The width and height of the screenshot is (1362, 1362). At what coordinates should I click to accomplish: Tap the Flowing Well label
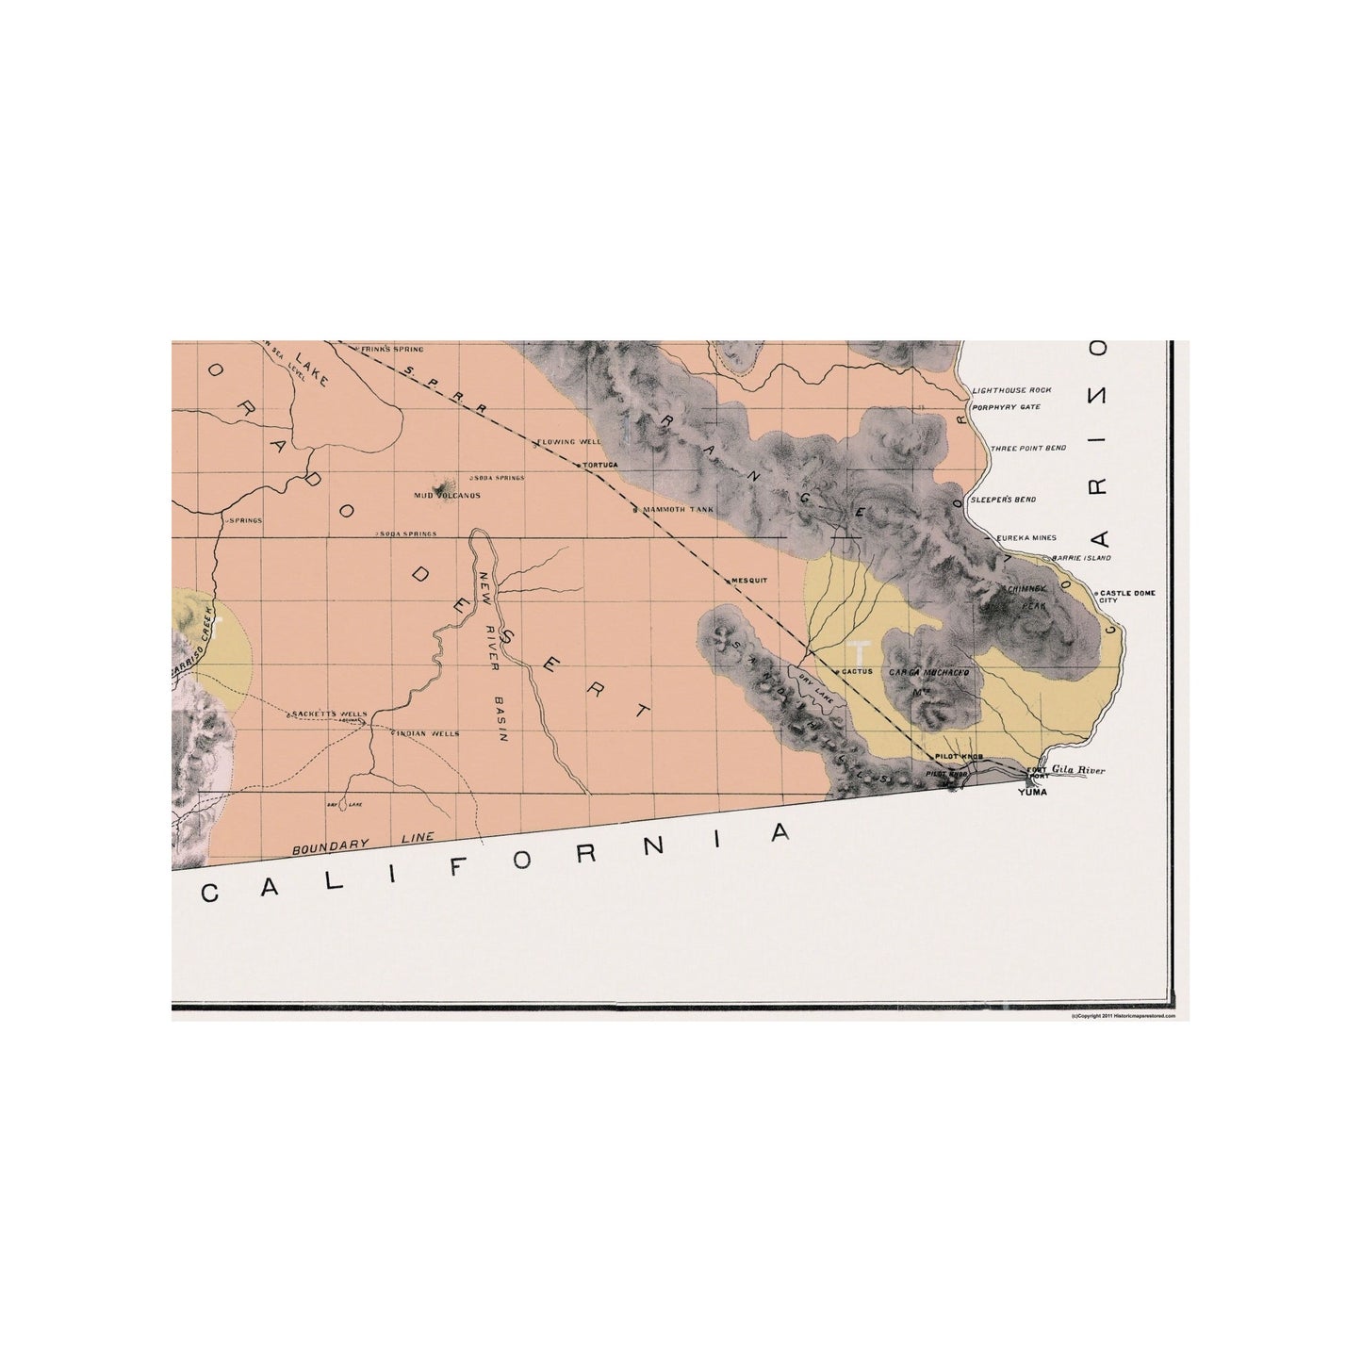click(569, 441)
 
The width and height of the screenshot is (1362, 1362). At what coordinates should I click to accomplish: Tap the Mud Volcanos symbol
click(438, 488)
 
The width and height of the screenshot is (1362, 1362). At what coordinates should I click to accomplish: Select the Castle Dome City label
click(1126, 597)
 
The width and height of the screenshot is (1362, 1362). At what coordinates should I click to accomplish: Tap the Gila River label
click(1076, 771)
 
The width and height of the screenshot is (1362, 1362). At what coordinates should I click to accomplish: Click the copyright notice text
click(1124, 1017)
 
